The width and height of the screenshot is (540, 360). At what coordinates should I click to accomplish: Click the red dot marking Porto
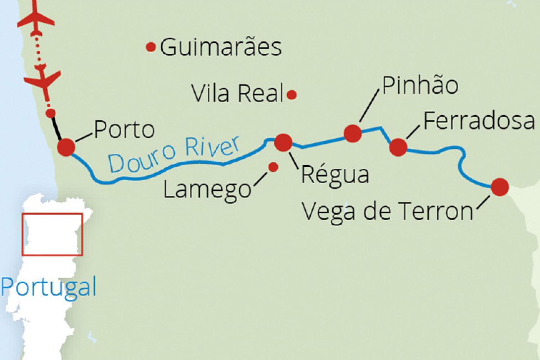[66, 147]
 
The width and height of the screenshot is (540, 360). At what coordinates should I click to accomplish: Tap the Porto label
[124, 130]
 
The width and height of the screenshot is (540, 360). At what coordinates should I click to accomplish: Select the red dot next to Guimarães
[151, 47]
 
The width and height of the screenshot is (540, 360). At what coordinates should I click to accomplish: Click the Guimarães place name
[221, 47]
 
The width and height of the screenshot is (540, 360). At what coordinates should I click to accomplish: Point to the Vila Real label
[238, 94]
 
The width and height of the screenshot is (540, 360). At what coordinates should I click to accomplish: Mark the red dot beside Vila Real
[292, 95]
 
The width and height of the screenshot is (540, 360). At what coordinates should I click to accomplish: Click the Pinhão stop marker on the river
[352, 133]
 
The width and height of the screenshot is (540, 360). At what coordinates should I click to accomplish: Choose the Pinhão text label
[420, 86]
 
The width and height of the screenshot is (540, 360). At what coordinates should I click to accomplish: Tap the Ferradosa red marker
[398, 147]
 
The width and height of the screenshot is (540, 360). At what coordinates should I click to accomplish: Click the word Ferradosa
[479, 121]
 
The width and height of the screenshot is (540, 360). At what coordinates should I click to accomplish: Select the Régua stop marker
[283, 143]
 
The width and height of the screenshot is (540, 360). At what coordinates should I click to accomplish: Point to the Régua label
[335, 175]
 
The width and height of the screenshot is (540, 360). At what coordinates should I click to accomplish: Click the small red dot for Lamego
[273, 167]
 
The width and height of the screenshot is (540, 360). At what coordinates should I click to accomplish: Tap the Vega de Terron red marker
[500, 187]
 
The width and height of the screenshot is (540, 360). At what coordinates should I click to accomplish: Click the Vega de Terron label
[387, 211]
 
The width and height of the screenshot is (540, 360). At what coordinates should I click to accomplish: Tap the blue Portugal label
[49, 287]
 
